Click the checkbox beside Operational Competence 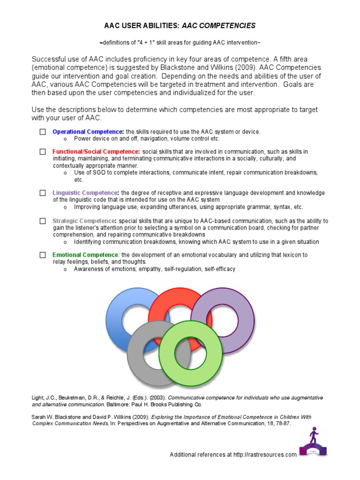pyautogui.click(x=43, y=132)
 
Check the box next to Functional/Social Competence pyautogui.click(x=43, y=152)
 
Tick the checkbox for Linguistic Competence pyautogui.click(x=43, y=193)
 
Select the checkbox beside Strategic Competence pyautogui.click(x=43, y=221)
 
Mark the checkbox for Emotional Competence pyautogui.click(x=43, y=255)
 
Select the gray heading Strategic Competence pyautogui.click(x=84, y=221)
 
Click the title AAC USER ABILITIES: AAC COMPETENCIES pyautogui.click(x=180, y=25)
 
